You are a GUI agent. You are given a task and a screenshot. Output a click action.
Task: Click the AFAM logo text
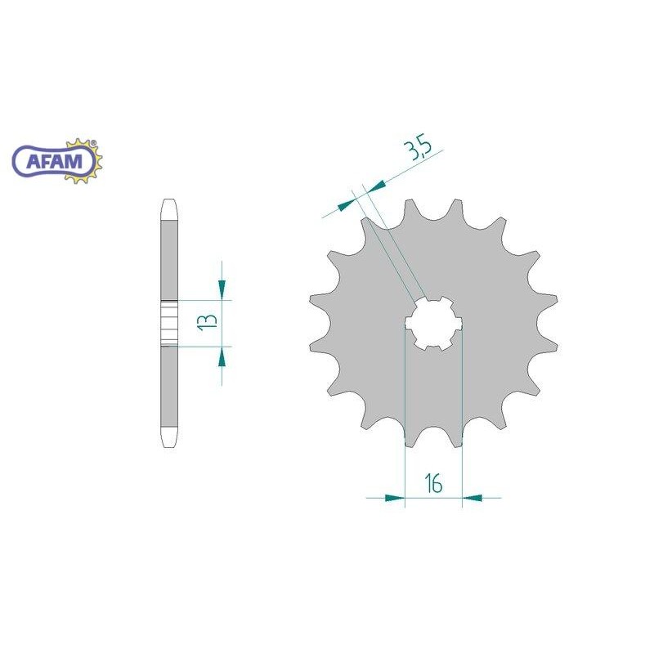click(x=55, y=161)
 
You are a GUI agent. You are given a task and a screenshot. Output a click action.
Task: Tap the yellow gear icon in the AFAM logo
click(x=83, y=161)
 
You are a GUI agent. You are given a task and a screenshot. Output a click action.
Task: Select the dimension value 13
click(x=208, y=322)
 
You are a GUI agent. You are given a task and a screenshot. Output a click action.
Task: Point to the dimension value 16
click(x=434, y=484)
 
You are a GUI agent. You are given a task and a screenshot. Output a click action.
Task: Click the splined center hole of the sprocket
click(x=434, y=324)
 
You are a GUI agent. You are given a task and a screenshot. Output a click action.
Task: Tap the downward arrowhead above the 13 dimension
click(x=222, y=288)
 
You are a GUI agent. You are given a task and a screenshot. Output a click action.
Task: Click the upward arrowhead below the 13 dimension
click(x=222, y=357)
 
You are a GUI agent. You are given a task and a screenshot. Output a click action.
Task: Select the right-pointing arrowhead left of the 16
click(x=395, y=498)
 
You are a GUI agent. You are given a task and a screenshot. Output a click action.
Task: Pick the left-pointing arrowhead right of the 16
click(x=473, y=498)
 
